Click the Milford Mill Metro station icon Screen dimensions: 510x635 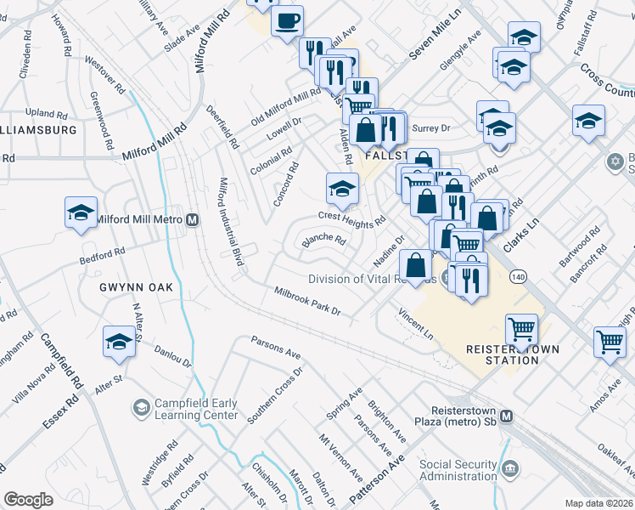193,219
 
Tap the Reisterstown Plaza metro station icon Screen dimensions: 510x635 507,416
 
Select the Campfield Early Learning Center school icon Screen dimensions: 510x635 139,409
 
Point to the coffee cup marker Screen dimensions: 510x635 287,20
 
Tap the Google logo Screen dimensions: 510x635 28,499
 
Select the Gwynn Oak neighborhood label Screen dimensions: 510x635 140,287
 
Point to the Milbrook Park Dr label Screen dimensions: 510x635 306,302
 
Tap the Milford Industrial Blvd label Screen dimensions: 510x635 232,221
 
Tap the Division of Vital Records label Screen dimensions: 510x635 372,279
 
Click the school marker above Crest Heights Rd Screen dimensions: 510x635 341,189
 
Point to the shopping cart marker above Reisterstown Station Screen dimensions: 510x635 521,327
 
